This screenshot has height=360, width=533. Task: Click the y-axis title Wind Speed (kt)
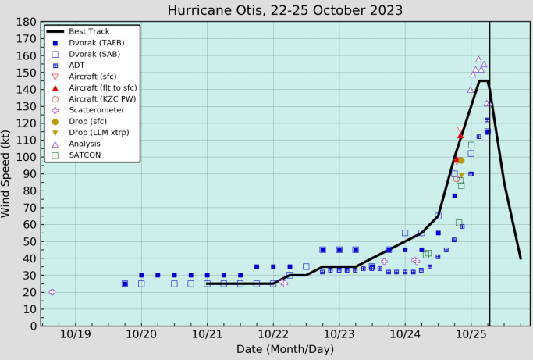[x=7, y=173]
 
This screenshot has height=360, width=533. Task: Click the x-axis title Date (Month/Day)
[x=285, y=348]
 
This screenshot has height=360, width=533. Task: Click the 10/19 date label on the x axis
[x=75, y=334]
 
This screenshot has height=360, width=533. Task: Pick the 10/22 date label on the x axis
[x=273, y=334]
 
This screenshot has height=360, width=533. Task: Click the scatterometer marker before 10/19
[x=52, y=292]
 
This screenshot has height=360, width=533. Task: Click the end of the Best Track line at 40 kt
[x=521, y=258]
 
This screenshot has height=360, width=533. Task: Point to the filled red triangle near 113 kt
[x=460, y=135]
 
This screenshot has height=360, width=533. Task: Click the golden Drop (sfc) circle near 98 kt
[x=460, y=160]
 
